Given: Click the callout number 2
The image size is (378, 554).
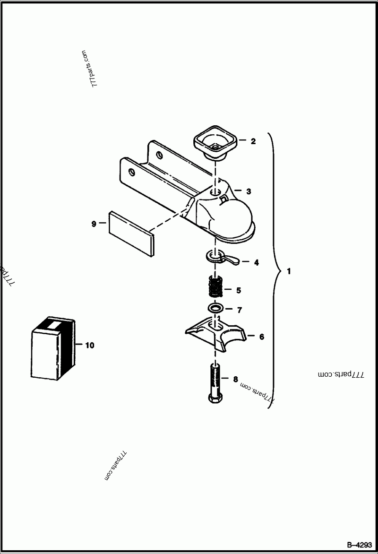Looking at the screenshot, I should pyautogui.click(x=253, y=141).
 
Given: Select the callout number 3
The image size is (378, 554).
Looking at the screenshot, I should pyautogui.click(x=249, y=191).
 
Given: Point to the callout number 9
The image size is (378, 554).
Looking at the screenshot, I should pyautogui.click(x=94, y=224).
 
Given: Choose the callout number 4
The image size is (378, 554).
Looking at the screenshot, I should pyautogui.click(x=256, y=262).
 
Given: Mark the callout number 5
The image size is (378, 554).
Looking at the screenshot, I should pyautogui.click(x=239, y=290).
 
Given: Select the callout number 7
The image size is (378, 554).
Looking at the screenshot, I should pyautogui.click(x=240, y=311).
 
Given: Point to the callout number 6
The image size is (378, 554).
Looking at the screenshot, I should pyautogui.click(x=261, y=337).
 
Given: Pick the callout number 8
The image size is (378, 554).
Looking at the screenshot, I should pyautogui.click(x=236, y=378).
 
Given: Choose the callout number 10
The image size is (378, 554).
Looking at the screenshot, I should pyautogui.click(x=89, y=345).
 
